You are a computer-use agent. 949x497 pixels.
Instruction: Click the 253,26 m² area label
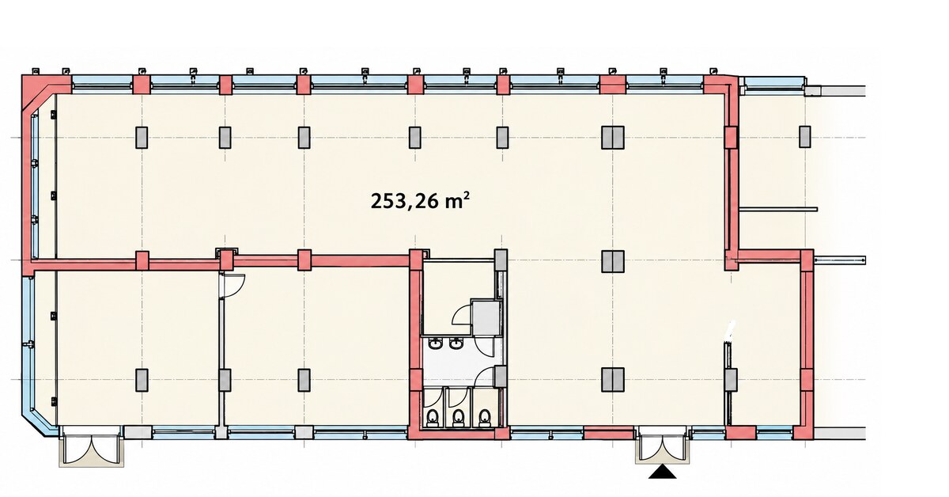coord(420,200)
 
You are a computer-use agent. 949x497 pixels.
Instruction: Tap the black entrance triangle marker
coord(662,472)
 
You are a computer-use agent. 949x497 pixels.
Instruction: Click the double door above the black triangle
coord(661,445)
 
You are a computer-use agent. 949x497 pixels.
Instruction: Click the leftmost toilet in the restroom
coord(433,418)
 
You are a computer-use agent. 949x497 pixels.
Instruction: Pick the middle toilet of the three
coord(458,418)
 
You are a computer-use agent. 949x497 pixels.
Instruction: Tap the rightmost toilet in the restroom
coord(484,418)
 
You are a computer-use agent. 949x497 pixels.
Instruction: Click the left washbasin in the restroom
coord(435,343)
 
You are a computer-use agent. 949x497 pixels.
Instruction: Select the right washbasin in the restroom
coord(456,343)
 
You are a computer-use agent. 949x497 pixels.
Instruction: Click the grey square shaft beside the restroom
coord(486,317)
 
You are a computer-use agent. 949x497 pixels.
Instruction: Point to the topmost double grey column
coord(613,138)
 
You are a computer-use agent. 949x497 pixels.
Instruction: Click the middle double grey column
coord(613,261)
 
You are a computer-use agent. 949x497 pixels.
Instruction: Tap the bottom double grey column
coord(613,380)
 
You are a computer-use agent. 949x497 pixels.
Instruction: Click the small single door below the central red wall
coord(232,284)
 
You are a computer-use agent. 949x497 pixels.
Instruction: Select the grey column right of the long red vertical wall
coord(804,137)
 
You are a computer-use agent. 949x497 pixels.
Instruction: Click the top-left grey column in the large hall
coord(142,138)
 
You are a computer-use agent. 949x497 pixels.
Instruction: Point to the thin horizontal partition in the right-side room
coord(778,209)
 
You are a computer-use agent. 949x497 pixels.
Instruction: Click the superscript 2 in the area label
coord(467,195)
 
